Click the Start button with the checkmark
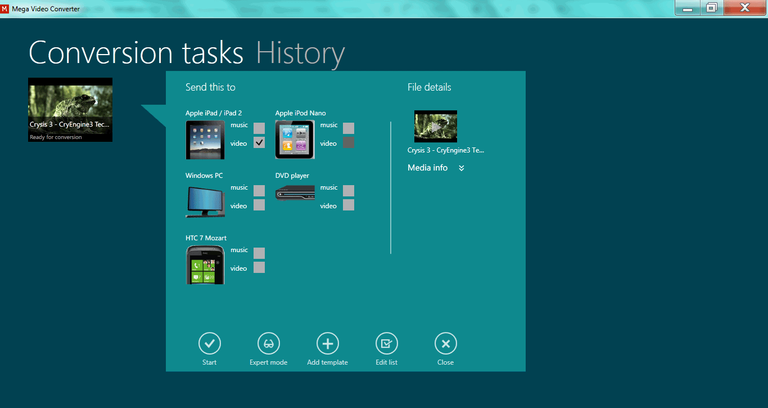210,343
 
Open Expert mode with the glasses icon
268,343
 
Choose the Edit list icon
386,343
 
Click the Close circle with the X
445,343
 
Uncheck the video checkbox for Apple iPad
259,142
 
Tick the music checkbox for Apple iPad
259,128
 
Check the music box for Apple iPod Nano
349,128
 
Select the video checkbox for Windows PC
259,205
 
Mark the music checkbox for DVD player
349,190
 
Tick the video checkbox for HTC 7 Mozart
259,267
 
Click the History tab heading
300,53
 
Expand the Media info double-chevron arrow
462,168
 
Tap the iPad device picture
205,140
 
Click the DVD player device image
295,193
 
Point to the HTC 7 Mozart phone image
205,264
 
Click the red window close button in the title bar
744,7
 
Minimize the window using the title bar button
688,7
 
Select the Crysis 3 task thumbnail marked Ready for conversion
70,110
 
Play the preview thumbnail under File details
435,126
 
